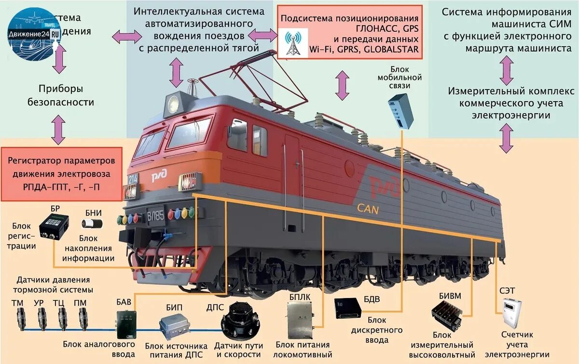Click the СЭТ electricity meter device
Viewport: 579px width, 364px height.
(510, 313)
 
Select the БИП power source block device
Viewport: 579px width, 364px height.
(175, 327)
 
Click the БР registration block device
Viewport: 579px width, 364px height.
(54, 226)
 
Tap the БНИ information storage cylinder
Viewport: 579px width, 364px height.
(92, 223)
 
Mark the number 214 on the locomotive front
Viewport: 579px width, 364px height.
(133, 178)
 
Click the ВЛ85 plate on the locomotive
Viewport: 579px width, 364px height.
(155, 213)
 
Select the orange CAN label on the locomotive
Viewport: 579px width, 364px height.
(367, 208)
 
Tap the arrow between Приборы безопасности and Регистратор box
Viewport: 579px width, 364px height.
(58, 130)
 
